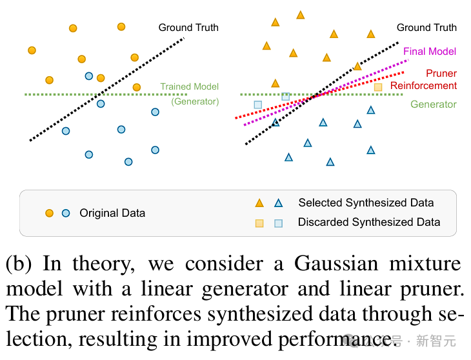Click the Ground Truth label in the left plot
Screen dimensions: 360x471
click(x=188, y=28)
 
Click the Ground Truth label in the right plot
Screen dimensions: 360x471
click(x=426, y=28)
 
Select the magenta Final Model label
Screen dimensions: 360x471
click(x=430, y=52)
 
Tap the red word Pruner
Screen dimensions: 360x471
click(x=441, y=74)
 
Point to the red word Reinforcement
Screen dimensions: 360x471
click(x=423, y=86)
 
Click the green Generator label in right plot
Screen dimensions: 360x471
click(x=434, y=105)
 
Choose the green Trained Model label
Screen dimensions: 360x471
click(x=190, y=86)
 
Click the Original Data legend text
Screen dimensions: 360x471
click(x=112, y=213)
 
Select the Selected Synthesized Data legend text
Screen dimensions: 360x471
click(x=366, y=203)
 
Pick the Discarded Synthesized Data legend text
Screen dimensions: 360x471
click(x=369, y=223)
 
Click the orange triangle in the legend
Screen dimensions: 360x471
click(x=259, y=203)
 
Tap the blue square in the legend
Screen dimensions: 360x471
click(x=279, y=223)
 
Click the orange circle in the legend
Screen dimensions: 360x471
click(x=49, y=213)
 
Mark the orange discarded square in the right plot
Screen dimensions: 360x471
click(x=378, y=87)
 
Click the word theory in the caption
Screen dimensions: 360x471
click(x=107, y=265)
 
